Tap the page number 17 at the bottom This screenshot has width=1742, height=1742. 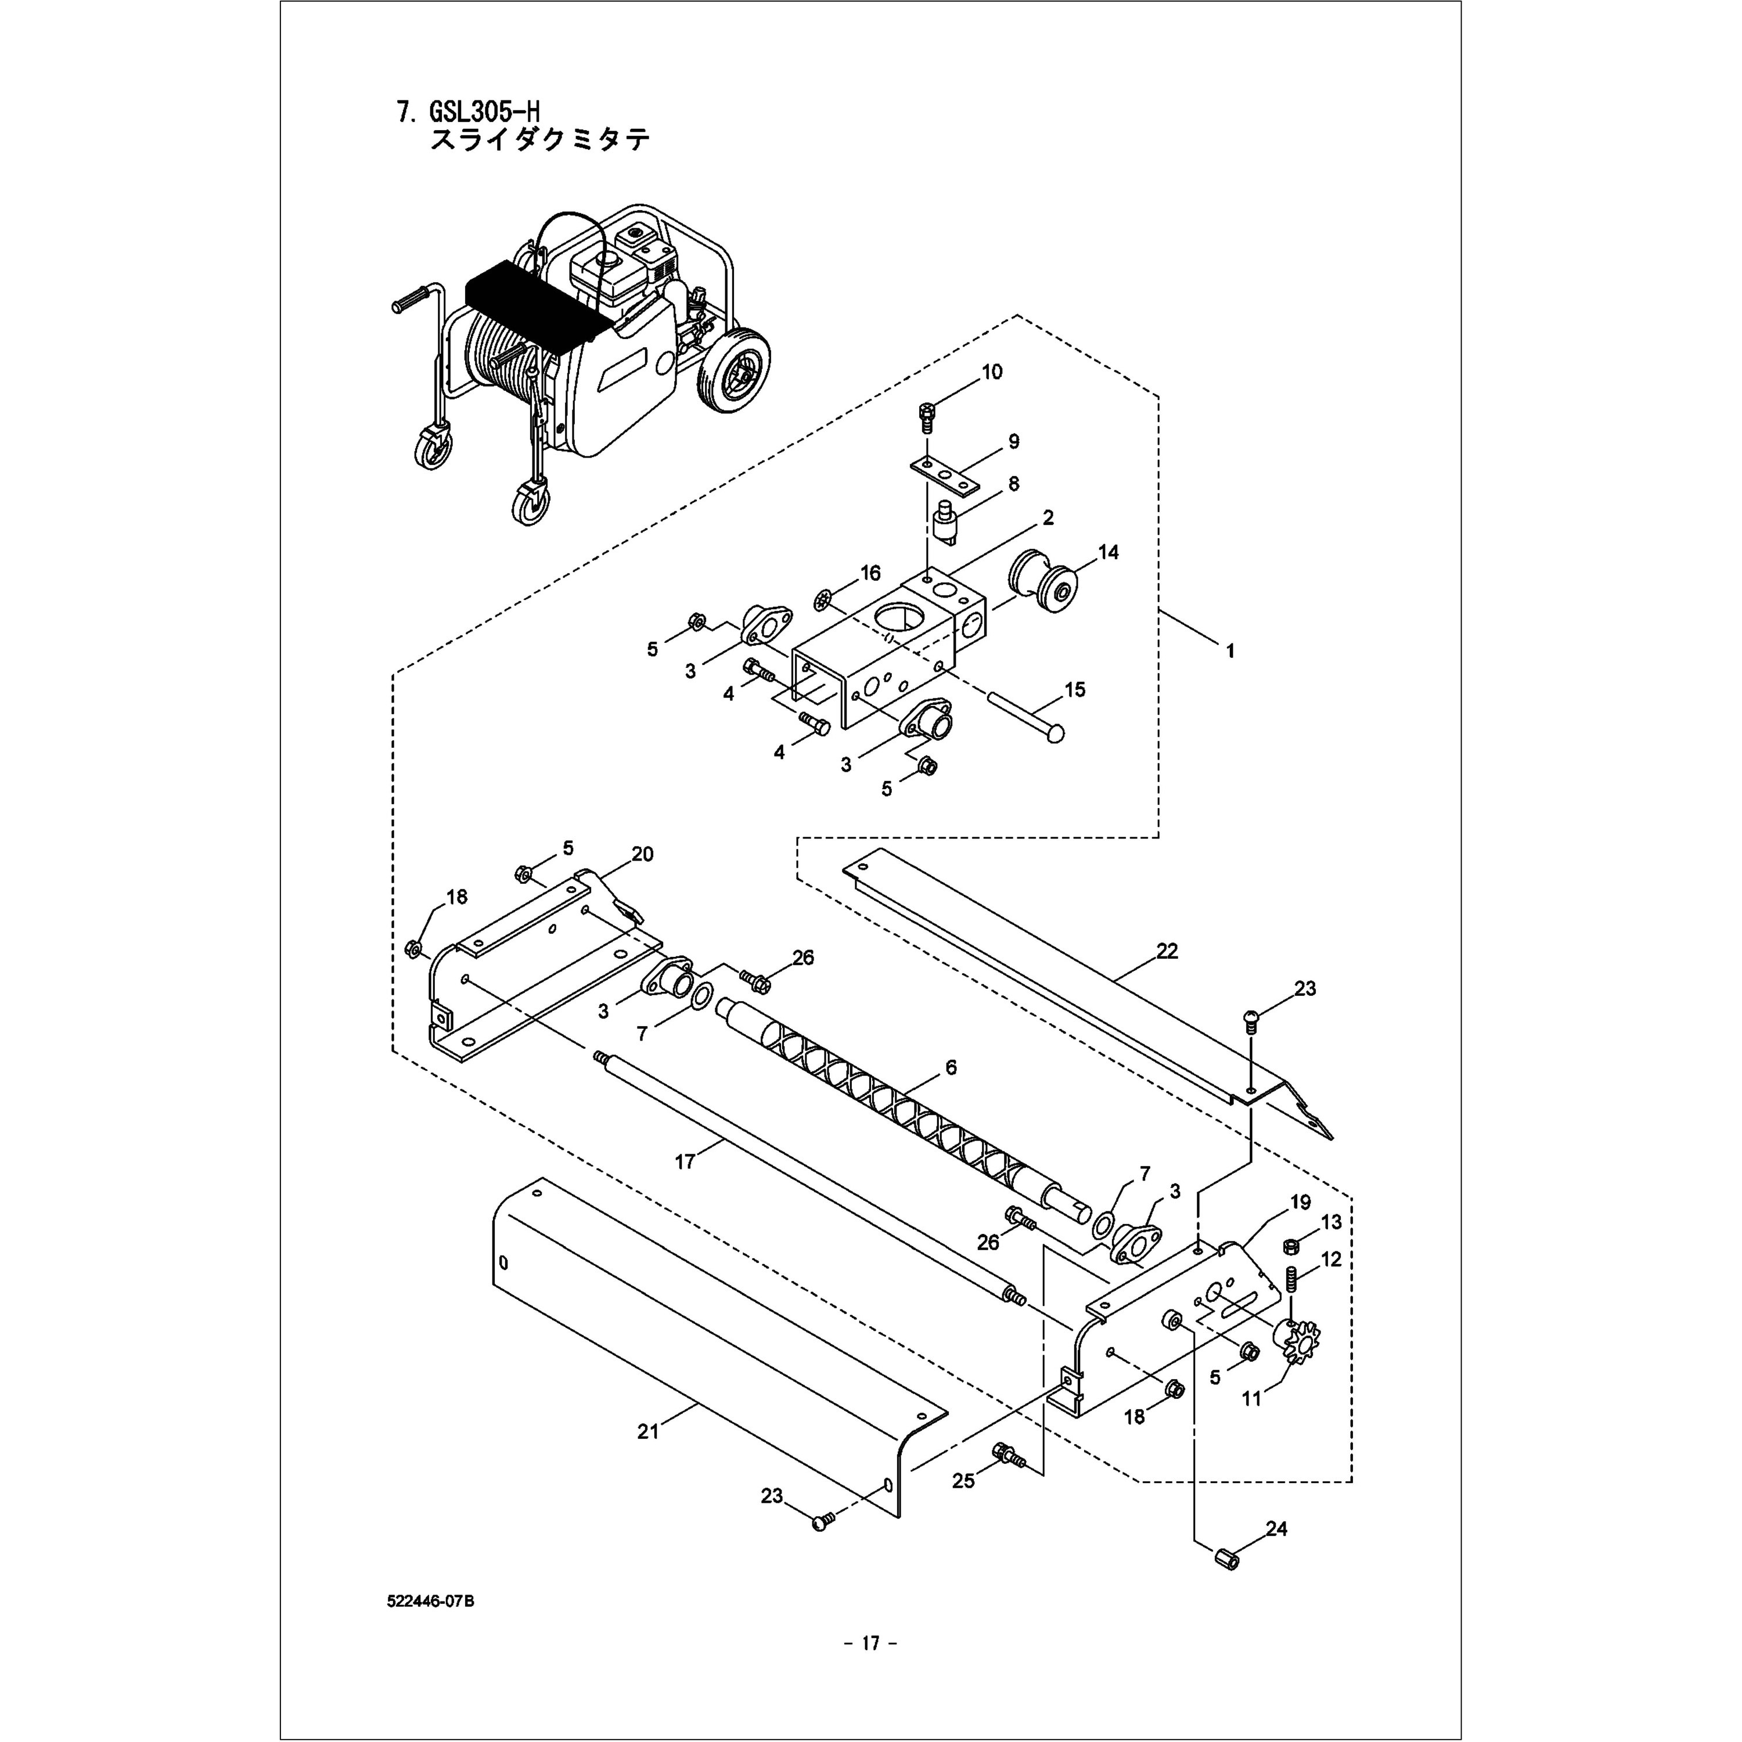[x=870, y=1643]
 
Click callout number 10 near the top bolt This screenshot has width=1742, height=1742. [x=991, y=372]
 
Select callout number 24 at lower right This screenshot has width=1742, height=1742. [x=1276, y=1528]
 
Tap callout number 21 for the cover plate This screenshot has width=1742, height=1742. [x=647, y=1431]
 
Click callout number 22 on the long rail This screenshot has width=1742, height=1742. [x=1167, y=951]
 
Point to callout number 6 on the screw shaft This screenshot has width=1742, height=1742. [x=951, y=1068]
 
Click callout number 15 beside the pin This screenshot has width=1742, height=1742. [x=1075, y=690]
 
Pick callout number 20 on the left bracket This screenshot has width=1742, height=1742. [x=642, y=854]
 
